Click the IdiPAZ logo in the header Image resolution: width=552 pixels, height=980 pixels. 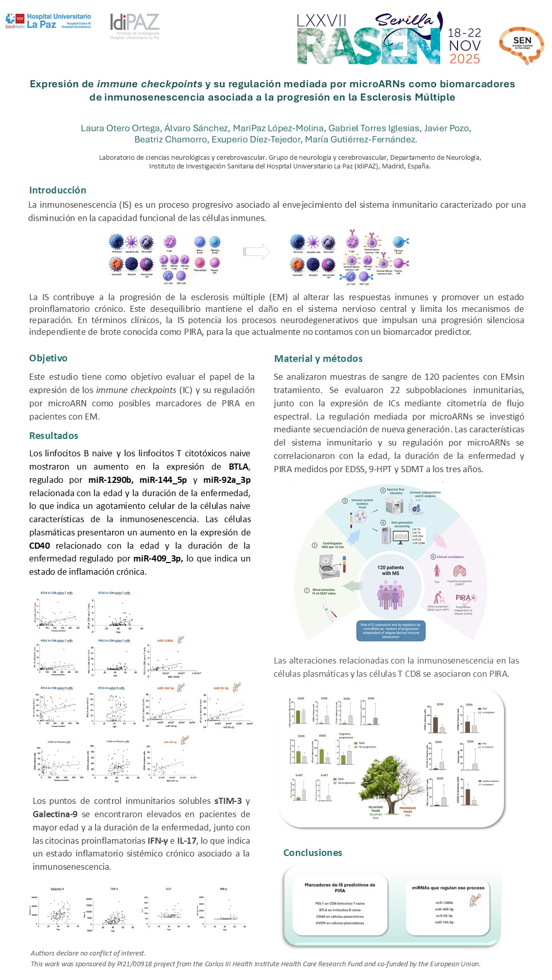(135, 26)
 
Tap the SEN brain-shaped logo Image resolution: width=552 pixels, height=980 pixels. (521, 45)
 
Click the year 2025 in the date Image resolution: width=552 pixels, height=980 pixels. (464, 59)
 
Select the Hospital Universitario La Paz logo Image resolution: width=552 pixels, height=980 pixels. (49, 21)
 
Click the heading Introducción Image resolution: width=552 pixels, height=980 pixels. (58, 190)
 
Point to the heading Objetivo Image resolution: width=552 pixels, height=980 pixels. (48, 358)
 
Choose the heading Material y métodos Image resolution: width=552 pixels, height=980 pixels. (318, 358)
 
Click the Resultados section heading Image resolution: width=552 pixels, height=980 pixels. (54, 435)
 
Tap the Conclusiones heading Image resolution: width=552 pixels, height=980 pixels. (313, 852)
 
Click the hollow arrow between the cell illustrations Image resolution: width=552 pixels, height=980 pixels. (256, 251)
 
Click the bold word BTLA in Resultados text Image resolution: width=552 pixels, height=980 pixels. (238, 466)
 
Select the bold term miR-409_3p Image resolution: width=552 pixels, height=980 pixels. (158, 558)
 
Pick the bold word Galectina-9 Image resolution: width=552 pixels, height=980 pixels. (55, 814)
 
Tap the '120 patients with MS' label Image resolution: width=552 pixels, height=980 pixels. (391, 570)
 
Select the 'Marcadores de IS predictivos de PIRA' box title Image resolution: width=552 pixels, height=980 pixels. (340, 888)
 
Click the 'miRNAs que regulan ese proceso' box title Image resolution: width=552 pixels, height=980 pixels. (448, 888)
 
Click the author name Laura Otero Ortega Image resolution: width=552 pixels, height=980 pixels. (119, 128)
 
